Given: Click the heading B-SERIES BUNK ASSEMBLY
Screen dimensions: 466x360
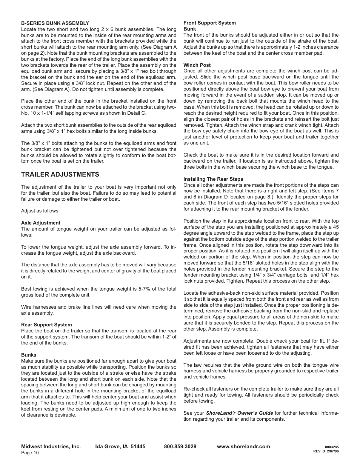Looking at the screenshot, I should point(55,23).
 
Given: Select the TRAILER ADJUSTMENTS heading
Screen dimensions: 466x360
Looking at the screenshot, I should point(60,174).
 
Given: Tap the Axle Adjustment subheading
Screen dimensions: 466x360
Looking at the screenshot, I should point(41,223).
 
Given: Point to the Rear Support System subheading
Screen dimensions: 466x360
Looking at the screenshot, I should point(46,325).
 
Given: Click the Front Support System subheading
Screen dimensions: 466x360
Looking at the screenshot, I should point(209,23).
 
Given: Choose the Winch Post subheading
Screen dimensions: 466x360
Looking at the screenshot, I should point(197,65).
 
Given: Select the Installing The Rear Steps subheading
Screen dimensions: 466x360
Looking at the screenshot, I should point(213,179).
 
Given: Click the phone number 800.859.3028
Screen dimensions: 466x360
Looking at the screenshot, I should point(180,446).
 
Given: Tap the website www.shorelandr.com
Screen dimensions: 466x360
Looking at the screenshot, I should point(243,446).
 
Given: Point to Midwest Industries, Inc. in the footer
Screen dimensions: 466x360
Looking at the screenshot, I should point(51,446).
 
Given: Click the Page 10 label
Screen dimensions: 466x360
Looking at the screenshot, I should point(30,453).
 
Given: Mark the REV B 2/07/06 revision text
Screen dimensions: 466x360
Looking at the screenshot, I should point(326,452).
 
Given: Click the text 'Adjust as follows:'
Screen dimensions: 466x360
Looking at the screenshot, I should point(40,211).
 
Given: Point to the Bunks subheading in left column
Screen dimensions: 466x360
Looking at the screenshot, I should point(29,355).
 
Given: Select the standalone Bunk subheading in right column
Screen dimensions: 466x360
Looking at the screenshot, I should point(189,29).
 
